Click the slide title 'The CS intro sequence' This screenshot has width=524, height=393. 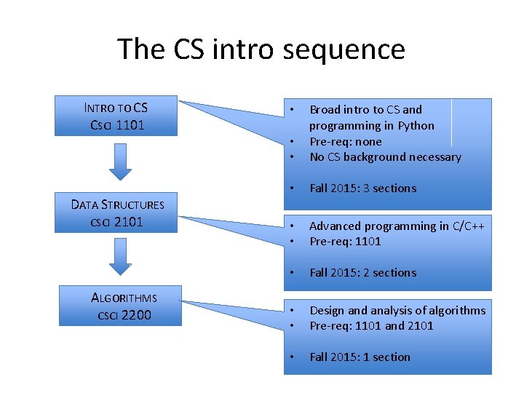click(261, 49)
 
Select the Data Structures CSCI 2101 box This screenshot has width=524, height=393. click(117, 213)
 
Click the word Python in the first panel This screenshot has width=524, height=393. click(416, 125)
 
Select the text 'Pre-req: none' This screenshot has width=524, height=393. click(346, 141)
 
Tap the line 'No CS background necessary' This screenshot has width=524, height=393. click(385, 157)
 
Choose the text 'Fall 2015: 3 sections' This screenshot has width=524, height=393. click(363, 188)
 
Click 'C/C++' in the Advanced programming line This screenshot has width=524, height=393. click(469, 226)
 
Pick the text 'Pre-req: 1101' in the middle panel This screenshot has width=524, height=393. click(346, 242)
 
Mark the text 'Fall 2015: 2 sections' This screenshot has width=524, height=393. click(363, 273)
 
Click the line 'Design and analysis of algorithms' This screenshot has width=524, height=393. click(397, 310)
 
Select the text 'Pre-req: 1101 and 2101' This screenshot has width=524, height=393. click(371, 326)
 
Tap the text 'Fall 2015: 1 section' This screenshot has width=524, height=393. click(360, 357)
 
